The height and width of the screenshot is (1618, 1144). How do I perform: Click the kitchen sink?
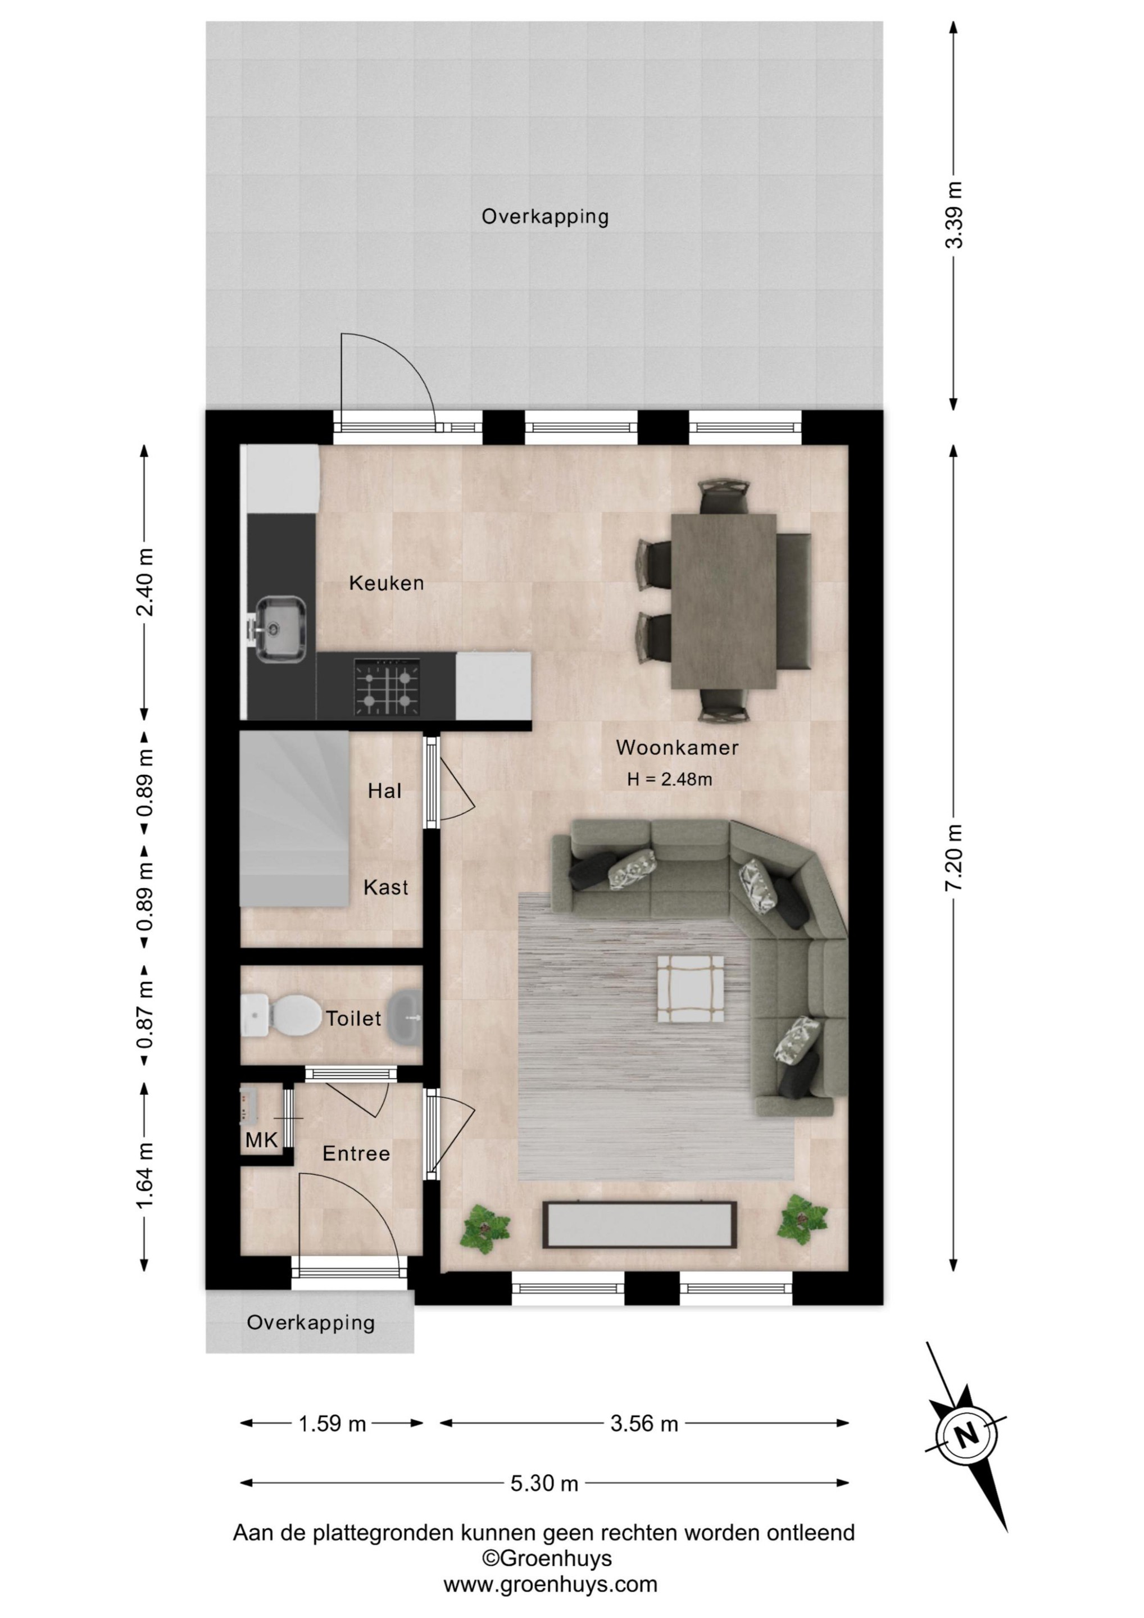click(x=280, y=629)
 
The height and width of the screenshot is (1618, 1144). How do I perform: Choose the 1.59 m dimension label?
click(x=332, y=1424)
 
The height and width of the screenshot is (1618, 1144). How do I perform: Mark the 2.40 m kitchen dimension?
click(x=144, y=582)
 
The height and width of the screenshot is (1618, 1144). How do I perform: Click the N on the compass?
click(x=967, y=1433)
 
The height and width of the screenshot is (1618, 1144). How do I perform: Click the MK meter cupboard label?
click(x=261, y=1139)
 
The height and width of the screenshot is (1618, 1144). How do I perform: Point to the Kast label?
click(x=385, y=887)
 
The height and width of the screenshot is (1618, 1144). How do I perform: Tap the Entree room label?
click(x=356, y=1153)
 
